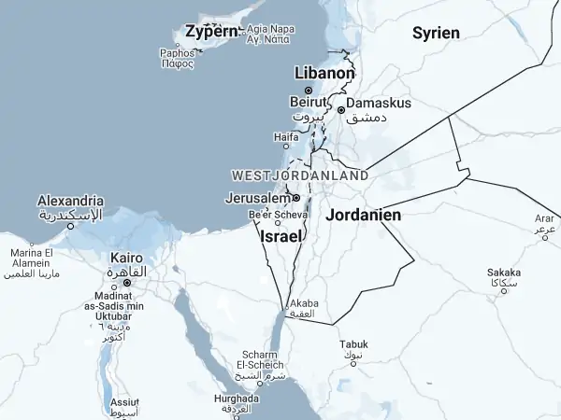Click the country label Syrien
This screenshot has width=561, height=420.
click(x=436, y=33)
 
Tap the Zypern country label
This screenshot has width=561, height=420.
click(x=211, y=32)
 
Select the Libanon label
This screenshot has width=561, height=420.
click(x=324, y=73)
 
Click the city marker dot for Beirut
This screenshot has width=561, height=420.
click(x=309, y=91)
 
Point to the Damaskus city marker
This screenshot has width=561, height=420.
click(x=341, y=109)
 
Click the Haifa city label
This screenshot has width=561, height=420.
click(x=286, y=136)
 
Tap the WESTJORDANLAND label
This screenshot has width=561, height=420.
click(x=299, y=175)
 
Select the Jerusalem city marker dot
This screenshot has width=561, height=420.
click(x=296, y=198)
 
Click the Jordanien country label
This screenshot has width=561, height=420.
click(x=364, y=215)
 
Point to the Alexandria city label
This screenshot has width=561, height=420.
click(x=70, y=201)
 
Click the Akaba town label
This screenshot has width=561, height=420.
click(x=306, y=304)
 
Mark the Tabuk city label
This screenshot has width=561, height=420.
click(x=353, y=344)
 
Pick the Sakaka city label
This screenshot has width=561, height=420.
click(x=504, y=273)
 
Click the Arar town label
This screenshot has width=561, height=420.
click(x=545, y=218)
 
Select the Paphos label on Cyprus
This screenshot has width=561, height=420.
click(x=177, y=53)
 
